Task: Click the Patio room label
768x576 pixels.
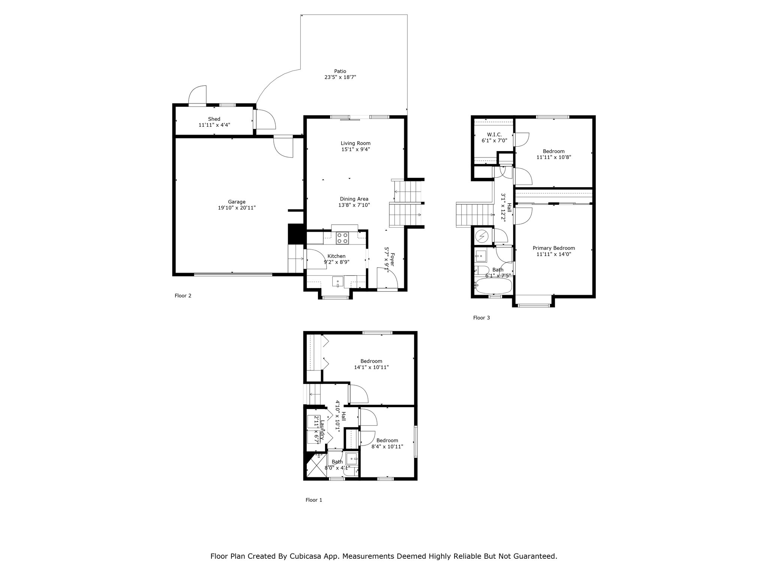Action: pyautogui.click(x=340, y=71)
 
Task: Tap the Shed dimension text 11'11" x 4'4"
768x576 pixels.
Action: pyautogui.click(x=214, y=125)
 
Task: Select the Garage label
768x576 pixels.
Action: pyautogui.click(x=237, y=202)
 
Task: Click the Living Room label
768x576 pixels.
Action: pyautogui.click(x=355, y=143)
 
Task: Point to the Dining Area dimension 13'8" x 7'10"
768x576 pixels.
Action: pyautogui.click(x=354, y=205)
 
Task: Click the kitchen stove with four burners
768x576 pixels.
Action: pyautogui.click(x=342, y=238)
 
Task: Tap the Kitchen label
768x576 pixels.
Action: pyautogui.click(x=336, y=256)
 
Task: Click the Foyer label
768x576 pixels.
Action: pyautogui.click(x=392, y=259)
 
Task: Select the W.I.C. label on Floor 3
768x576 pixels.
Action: pyautogui.click(x=494, y=135)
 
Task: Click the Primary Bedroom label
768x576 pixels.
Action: pyautogui.click(x=554, y=248)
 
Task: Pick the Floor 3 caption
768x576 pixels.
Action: pyautogui.click(x=481, y=318)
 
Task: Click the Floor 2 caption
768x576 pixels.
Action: pyautogui.click(x=183, y=296)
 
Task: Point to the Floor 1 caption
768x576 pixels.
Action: pyautogui.click(x=314, y=500)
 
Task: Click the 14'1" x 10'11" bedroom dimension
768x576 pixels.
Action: pyautogui.click(x=371, y=367)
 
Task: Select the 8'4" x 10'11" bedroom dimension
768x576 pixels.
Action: pyautogui.click(x=387, y=447)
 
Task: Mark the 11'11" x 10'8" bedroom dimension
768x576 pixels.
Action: pyautogui.click(x=554, y=157)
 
